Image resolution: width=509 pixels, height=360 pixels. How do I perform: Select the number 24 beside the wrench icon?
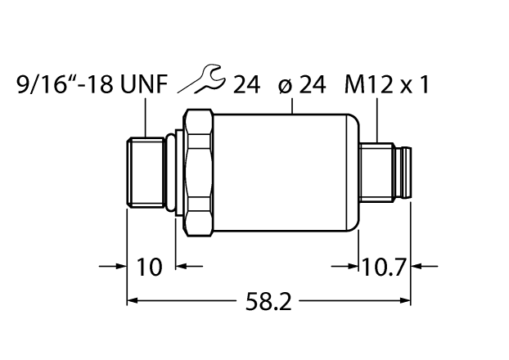tap(249, 84)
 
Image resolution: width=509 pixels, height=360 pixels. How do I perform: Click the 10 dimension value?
tap(151, 266)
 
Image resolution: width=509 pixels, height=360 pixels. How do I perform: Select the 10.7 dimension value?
tap(385, 266)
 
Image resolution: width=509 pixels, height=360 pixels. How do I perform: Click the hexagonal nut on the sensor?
tap(200, 173)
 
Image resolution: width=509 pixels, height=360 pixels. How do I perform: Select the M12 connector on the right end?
tap(389, 173)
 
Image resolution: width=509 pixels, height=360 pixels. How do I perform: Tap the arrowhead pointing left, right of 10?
tap(184, 266)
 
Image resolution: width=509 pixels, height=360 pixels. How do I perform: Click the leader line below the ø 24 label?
tap(292, 106)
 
